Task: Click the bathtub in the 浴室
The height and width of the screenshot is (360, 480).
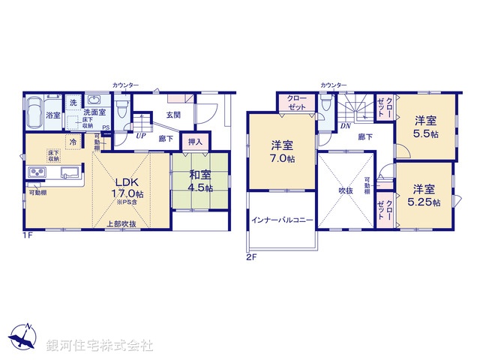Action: pos(34,114)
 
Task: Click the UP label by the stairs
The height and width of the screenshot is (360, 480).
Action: pos(141,136)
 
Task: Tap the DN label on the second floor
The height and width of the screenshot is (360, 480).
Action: pos(346,126)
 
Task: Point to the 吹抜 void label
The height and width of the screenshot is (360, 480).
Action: pos(345,190)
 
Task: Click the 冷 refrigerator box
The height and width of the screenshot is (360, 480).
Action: pos(73,141)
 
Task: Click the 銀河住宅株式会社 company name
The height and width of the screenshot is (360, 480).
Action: pos(100,346)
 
